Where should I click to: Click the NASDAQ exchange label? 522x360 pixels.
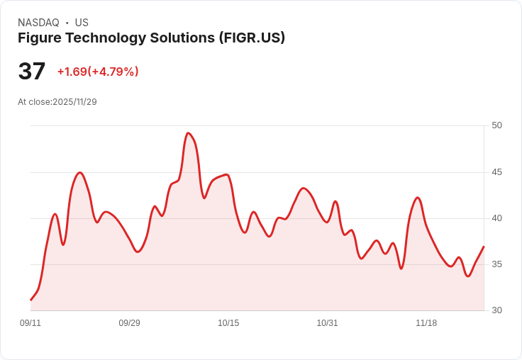(x=38, y=23)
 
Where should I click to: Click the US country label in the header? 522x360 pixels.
(x=82, y=23)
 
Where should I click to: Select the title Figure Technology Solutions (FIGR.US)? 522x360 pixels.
(x=151, y=38)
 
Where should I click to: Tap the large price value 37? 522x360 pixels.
(x=32, y=71)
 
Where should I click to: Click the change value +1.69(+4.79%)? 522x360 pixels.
(x=98, y=72)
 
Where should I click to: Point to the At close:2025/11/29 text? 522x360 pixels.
(x=57, y=102)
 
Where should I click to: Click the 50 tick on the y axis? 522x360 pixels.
(x=496, y=125)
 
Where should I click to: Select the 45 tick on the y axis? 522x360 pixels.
(x=496, y=172)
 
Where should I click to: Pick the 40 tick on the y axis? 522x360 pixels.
(x=496, y=218)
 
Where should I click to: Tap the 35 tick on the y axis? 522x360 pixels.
(x=496, y=264)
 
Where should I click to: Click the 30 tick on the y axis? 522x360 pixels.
(x=496, y=310)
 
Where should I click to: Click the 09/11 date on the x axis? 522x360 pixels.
(x=30, y=323)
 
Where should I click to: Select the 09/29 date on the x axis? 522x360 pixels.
(x=129, y=323)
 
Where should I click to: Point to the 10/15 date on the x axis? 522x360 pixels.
(x=228, y=323)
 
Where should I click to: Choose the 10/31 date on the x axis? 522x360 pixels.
(x=327, y=323)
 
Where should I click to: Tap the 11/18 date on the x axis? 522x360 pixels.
(x=426, y=323)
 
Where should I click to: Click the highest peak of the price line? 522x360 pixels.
(x=188, y=133)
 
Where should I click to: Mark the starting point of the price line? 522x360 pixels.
(x=30, y=300)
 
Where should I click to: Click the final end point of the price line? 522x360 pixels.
(x=484, y=247)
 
